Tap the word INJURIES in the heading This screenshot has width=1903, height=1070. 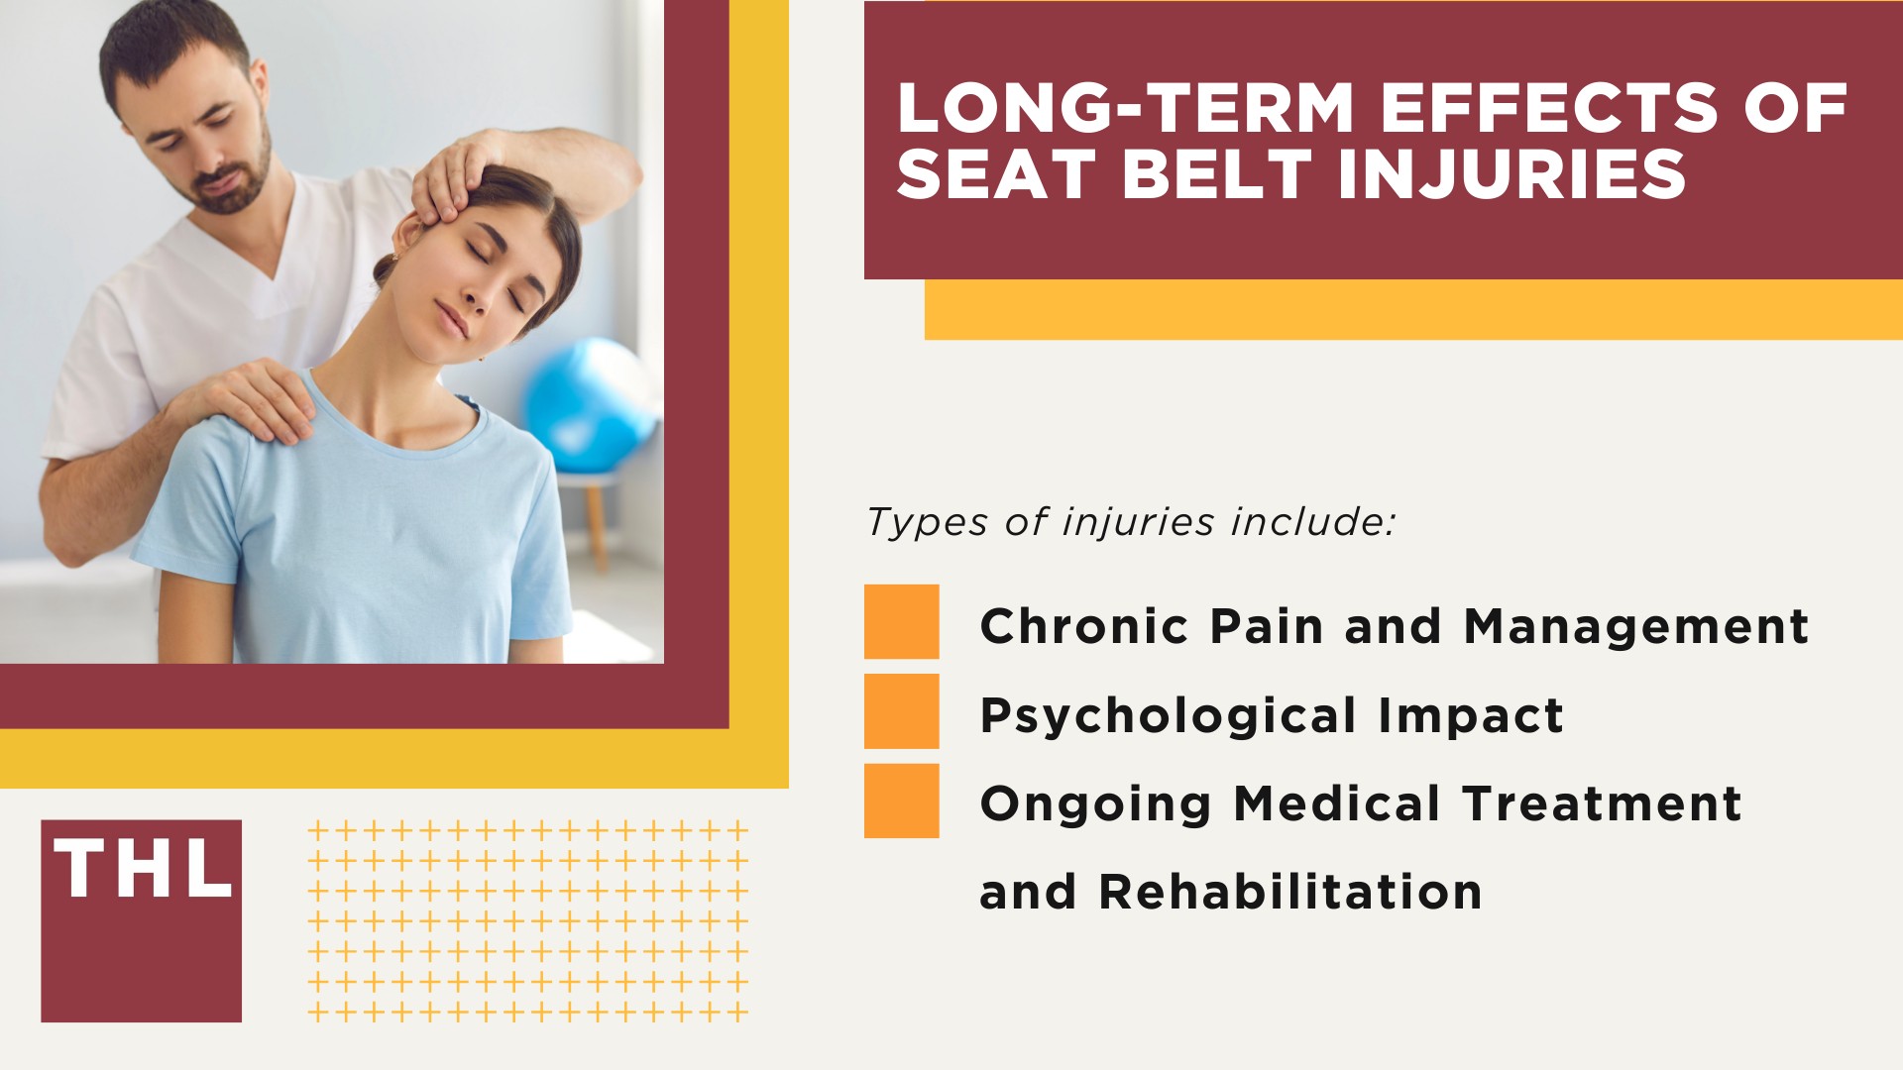tap(1511, 175)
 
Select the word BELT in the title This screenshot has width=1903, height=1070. tap(1217, 175)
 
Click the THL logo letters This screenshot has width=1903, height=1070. tap(142, 870)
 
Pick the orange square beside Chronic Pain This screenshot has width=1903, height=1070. tap(901, 621)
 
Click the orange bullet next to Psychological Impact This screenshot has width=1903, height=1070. tap(901, 710)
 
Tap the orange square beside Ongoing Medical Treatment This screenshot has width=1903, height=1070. tap(901, 801)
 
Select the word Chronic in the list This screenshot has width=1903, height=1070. tap(1083, 626)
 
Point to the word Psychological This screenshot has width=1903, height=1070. tap(1168, 715)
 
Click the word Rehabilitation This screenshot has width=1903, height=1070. tap(1289, 892)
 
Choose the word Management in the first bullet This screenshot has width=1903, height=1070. tap(1635, 626)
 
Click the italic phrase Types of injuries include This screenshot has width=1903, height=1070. tap(1130, 522)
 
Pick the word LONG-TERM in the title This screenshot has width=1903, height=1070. tap(1125, 108)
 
